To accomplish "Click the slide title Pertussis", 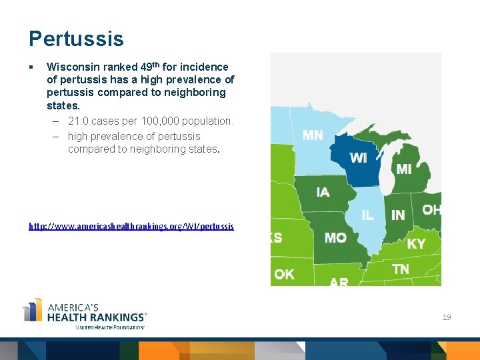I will (x=76, y=39).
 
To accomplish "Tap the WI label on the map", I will (x=358, y=158).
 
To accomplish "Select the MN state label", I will (x=313, y=135).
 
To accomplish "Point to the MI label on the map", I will (x=404, y=169).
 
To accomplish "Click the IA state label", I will (x=323, y=192).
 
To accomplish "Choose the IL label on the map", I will (x=367, y=215).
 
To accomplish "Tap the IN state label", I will (x=398, y=215).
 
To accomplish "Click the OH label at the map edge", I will (x=431, y=210).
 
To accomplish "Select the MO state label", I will (x=335, y=237).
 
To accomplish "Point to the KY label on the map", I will (x=416, y=244).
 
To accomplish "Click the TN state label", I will (x=401, y=269).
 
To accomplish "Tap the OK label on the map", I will (x=284, y=274).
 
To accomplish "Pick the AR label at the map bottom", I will (x=339, y=282).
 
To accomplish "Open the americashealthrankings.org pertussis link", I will (x=131, y=227).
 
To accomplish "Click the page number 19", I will (x=447, y=317).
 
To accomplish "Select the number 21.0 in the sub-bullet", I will (x=79, y=121).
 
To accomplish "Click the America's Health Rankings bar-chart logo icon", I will (x=33, y=311).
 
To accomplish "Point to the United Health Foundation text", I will (x=110, y=327).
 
